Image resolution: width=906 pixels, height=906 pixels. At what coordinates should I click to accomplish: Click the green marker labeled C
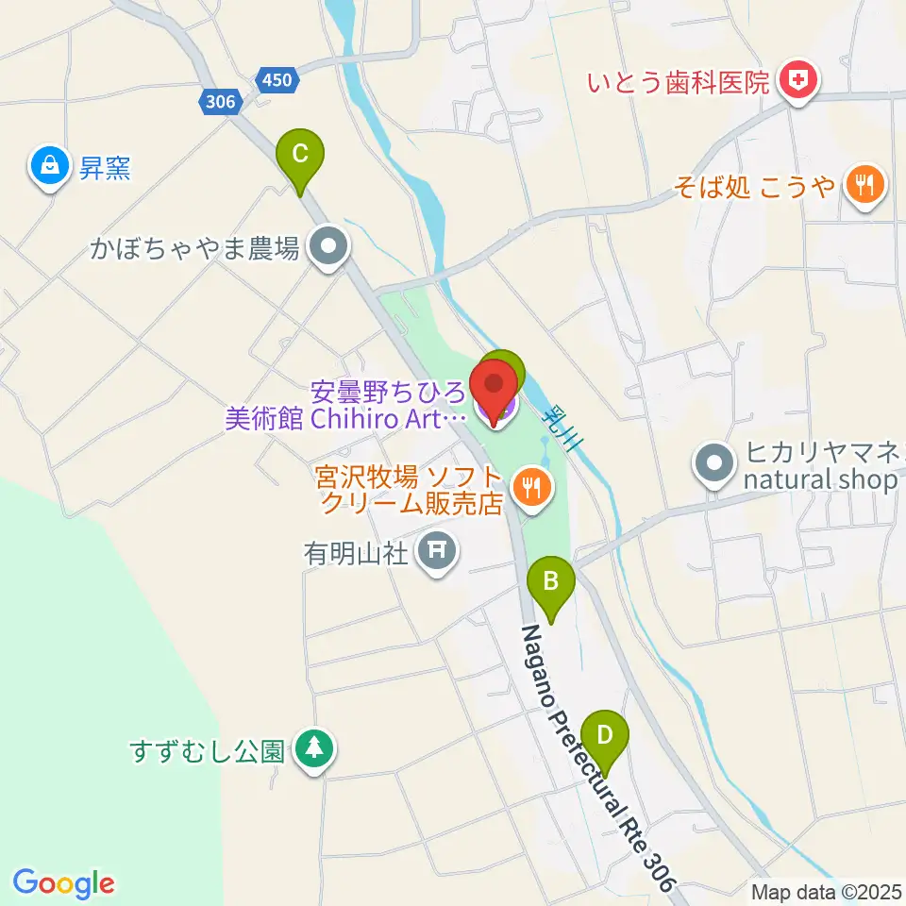(299, 154)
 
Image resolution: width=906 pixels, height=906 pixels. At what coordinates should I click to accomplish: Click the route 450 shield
(277, 80)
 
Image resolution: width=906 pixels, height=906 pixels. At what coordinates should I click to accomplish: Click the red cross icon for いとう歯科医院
(798, 81)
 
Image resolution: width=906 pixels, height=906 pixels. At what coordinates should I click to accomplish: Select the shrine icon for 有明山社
(436, 547)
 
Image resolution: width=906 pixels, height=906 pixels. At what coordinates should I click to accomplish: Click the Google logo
(63, 883)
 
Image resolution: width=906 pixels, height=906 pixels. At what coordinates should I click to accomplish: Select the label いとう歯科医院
(679, 83)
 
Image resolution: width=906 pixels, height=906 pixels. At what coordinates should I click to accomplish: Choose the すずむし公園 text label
(207, 751)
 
